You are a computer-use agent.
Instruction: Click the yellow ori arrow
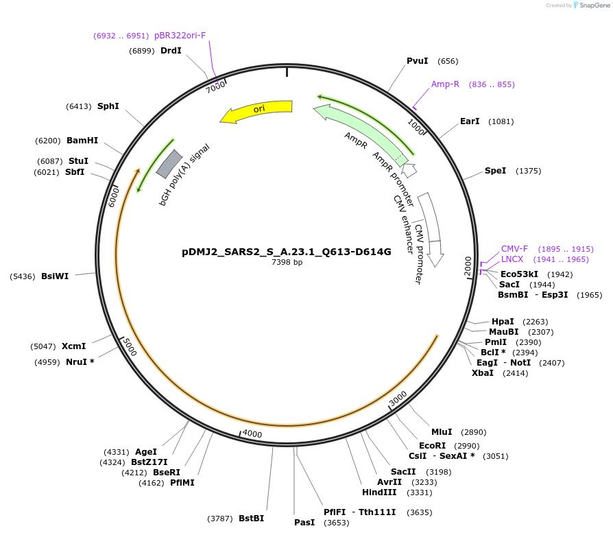(x=256, y=110)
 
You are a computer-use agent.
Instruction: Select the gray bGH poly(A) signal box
(x=169, y=163)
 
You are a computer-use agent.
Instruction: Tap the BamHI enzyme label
(x=82, y=141)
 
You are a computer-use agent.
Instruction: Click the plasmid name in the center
(x=287, y=252)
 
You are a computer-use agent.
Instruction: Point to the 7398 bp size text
(x=287, y=262)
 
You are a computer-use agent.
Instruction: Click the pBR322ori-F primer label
(x=180, y=36)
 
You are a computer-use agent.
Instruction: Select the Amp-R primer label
(x=445, y=84)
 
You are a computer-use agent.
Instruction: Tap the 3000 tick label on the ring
(x=398, y=398)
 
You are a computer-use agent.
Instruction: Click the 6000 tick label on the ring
(x=113, y=197)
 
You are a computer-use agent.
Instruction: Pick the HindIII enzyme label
(x=379, y=492)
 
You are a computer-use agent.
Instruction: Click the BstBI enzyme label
(x=252, y=518)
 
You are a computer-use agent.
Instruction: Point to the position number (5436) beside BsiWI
(x=23, y=276)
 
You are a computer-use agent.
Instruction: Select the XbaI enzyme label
(x=483, y=373)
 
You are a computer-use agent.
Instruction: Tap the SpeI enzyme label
(x=495, y=171)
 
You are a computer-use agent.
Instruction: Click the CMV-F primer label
(x=514, y=249)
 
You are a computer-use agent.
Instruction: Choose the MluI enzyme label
(x=442, y=432)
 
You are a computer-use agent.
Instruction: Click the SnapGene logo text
(x=594, y=5)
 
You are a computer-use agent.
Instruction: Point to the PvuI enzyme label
(x=418, y=61)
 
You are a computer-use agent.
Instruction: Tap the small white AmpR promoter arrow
(x=409, y=170)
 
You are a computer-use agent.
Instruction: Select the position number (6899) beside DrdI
(x=142, y=51)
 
